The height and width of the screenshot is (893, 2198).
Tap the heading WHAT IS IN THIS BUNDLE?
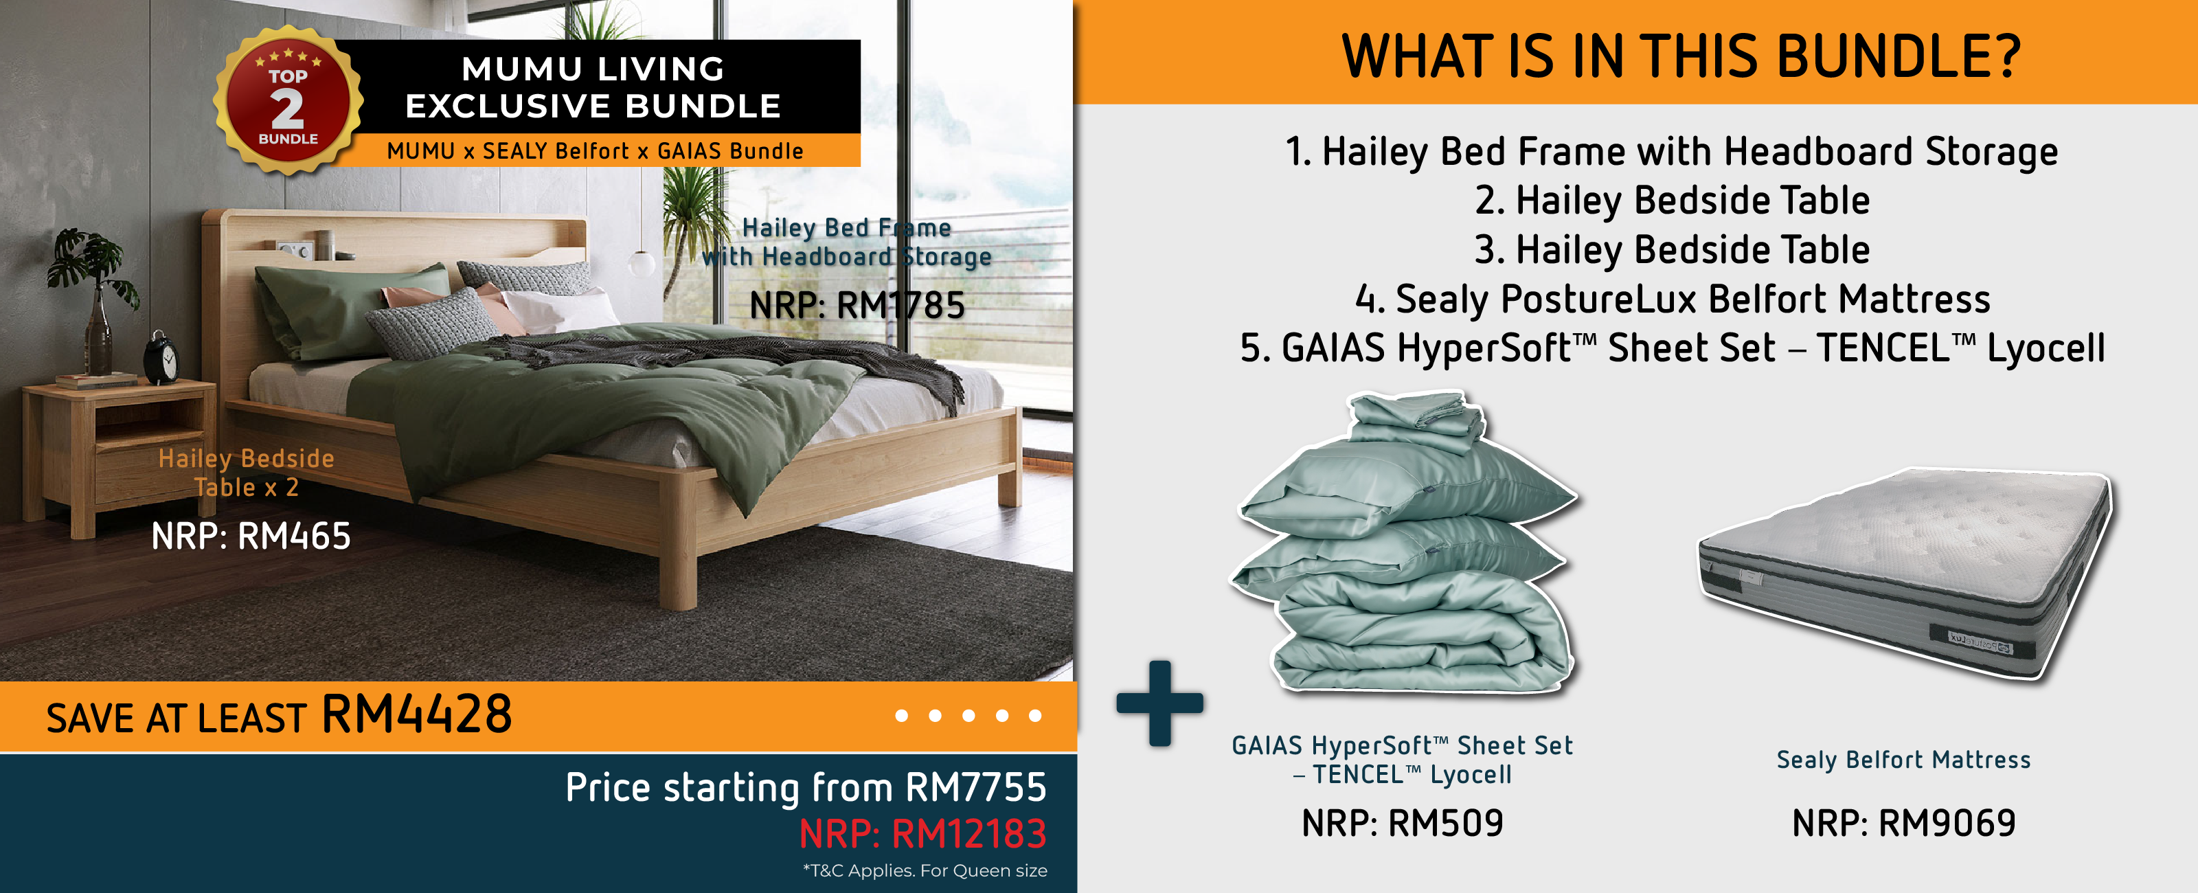1681,56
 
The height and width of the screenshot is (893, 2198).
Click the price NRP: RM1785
857,305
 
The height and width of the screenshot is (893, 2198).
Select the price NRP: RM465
251,536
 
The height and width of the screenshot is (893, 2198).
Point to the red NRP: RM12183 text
922,833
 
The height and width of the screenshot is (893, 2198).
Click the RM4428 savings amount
416,714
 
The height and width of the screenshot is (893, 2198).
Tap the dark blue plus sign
1159,703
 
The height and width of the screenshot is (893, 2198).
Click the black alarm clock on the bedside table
162,357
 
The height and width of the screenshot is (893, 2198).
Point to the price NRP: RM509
1402,823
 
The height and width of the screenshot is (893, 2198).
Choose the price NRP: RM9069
1903,823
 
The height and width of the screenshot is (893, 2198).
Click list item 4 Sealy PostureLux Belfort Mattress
1673,299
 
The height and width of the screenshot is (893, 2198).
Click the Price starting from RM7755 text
806,787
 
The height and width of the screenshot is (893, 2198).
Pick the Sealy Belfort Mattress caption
1903,759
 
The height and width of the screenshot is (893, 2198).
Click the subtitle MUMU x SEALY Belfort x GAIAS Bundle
595,151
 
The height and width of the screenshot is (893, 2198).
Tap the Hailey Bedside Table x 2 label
246,472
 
